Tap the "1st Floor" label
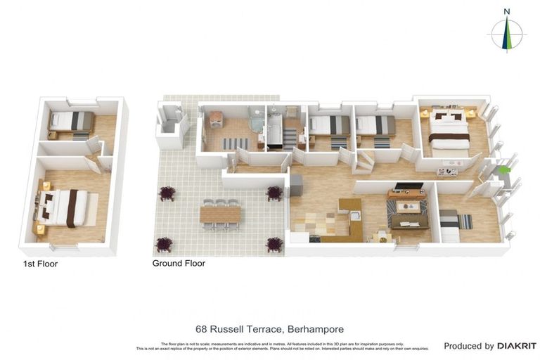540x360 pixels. pyautogui.click(x=40, y=264)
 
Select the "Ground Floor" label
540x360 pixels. pyautogui.click(x=179, y=264)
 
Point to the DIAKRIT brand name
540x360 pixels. pyautogui.click(x=517, y=346)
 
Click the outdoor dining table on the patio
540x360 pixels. pyautogui.click(x=220, y=214)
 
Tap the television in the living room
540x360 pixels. pyautogui.click(x=409, y=186)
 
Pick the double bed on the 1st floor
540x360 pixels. pyautogui.click(x=65, y=207)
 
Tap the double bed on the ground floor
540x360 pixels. pyautogui.click(x=449, y=131)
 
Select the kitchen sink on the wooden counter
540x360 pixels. pyautogui.click(x=356, y=216)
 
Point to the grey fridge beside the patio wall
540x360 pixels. pyautogui.click(x=296, y=185)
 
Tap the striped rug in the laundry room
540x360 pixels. pyautogui.click(x=236, y=143)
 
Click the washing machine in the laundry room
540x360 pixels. pyautogui.click(x=216, y=118)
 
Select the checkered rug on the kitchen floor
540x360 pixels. pyautogui.click(x=326, y=223)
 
